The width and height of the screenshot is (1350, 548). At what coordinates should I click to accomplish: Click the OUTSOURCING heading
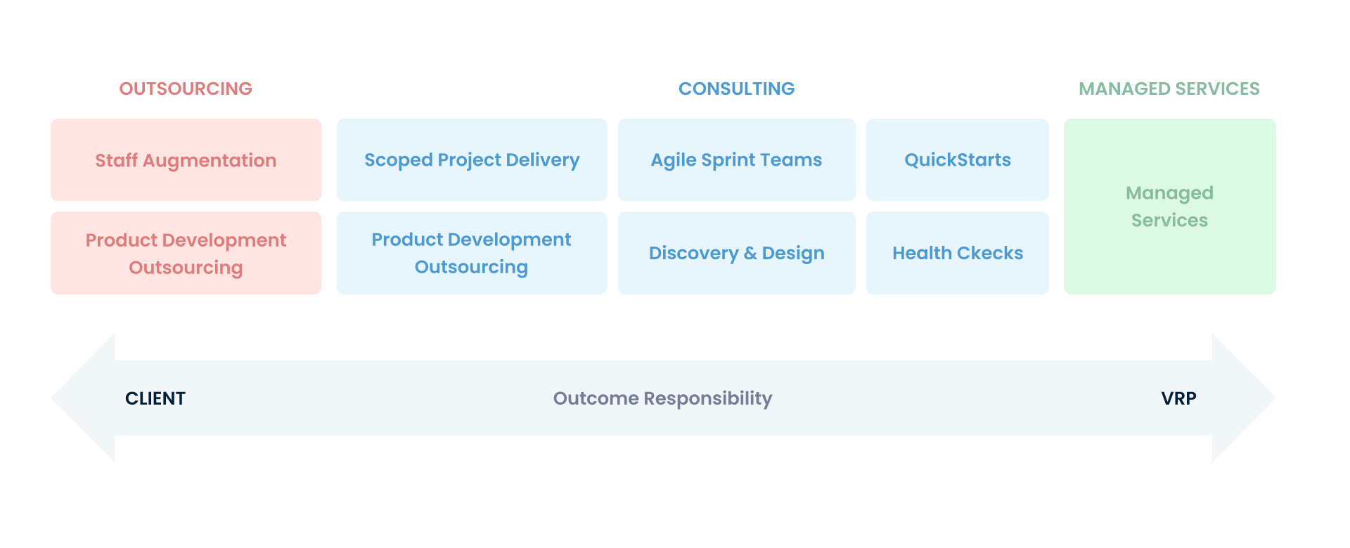coord(186,89)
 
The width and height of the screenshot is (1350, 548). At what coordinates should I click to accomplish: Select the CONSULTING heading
coord(736,89)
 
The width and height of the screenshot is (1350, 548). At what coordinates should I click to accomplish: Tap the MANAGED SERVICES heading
coord(1169,89)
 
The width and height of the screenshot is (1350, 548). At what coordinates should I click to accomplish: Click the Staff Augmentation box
coord(186,160)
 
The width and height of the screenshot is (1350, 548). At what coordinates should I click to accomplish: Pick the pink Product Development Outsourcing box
coord(186,254)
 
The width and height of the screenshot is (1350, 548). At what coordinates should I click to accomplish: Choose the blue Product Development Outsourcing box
coord(471,253)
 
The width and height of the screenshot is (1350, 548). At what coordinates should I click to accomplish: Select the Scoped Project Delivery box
coord(471,160)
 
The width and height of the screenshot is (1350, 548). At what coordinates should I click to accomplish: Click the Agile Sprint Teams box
coord(736,160)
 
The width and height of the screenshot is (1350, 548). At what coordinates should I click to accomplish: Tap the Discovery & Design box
coord(736,253)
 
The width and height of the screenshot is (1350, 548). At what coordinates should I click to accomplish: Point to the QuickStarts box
coord(957,160)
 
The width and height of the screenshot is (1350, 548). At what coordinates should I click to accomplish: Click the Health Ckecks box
coord(957,253)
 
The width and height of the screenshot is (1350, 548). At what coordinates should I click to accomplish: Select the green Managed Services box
coord(1169,207)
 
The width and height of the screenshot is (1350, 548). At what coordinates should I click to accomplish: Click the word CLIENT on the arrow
coord(155,398)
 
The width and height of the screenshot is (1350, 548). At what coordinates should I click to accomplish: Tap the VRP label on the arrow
coord(1178,398)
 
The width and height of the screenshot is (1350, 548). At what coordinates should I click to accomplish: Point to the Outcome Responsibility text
coord(662,398)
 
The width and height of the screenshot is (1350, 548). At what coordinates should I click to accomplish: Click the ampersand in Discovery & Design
coord(750,253)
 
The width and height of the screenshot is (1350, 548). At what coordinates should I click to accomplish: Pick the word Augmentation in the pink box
coord(210,161)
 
